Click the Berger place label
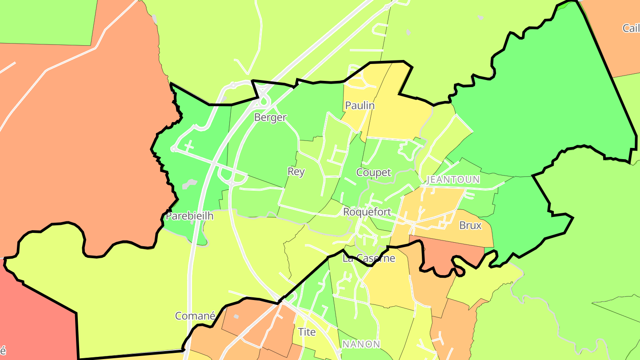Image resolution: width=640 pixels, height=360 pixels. pyautogui.click(x=270, y=117)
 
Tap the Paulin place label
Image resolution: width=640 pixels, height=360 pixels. pyautogui.click(x=360, y=106)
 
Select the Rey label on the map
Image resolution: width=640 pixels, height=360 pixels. pyautogui.click(x=296, y=172)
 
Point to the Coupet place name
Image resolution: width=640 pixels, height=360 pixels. pyautogui.click(x=373, y=172)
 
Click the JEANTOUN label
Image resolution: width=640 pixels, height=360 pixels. pyautogui.click(x=453, y=180)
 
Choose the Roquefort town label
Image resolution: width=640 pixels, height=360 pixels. pyautogui.click(x=367, y=212)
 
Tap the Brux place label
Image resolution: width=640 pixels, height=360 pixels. pyautogui.click(x=470, y=225)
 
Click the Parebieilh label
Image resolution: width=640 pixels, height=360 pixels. pyautogui.click(x=189, y=216)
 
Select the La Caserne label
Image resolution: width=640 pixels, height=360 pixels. pyautogui.click(x=369, y=258)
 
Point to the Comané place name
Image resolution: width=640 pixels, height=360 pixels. pyautogui.click(x=195, y=316)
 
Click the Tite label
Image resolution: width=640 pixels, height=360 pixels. pyautogui.click(x=307, y=332)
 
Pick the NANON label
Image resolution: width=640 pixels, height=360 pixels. pyautogui.click(x=361, y=344)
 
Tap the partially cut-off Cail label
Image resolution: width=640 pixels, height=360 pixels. pyautogui.click(x=631, y=28)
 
